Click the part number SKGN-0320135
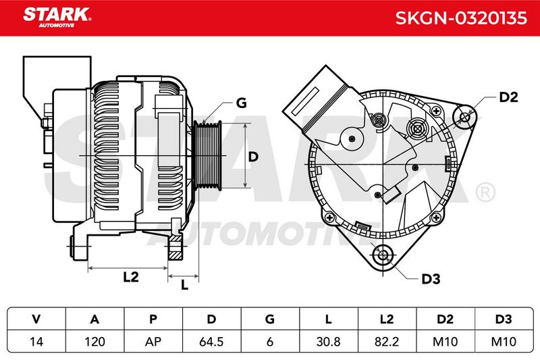[461, 18]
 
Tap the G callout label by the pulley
[242, 103]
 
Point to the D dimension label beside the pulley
[253, 157]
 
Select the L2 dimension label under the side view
[131, 277]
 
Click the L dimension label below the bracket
[184, 285]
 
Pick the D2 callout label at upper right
[508, 97]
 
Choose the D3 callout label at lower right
[431, 279]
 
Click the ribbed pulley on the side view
[207, 155]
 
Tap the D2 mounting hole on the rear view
[465, 117]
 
